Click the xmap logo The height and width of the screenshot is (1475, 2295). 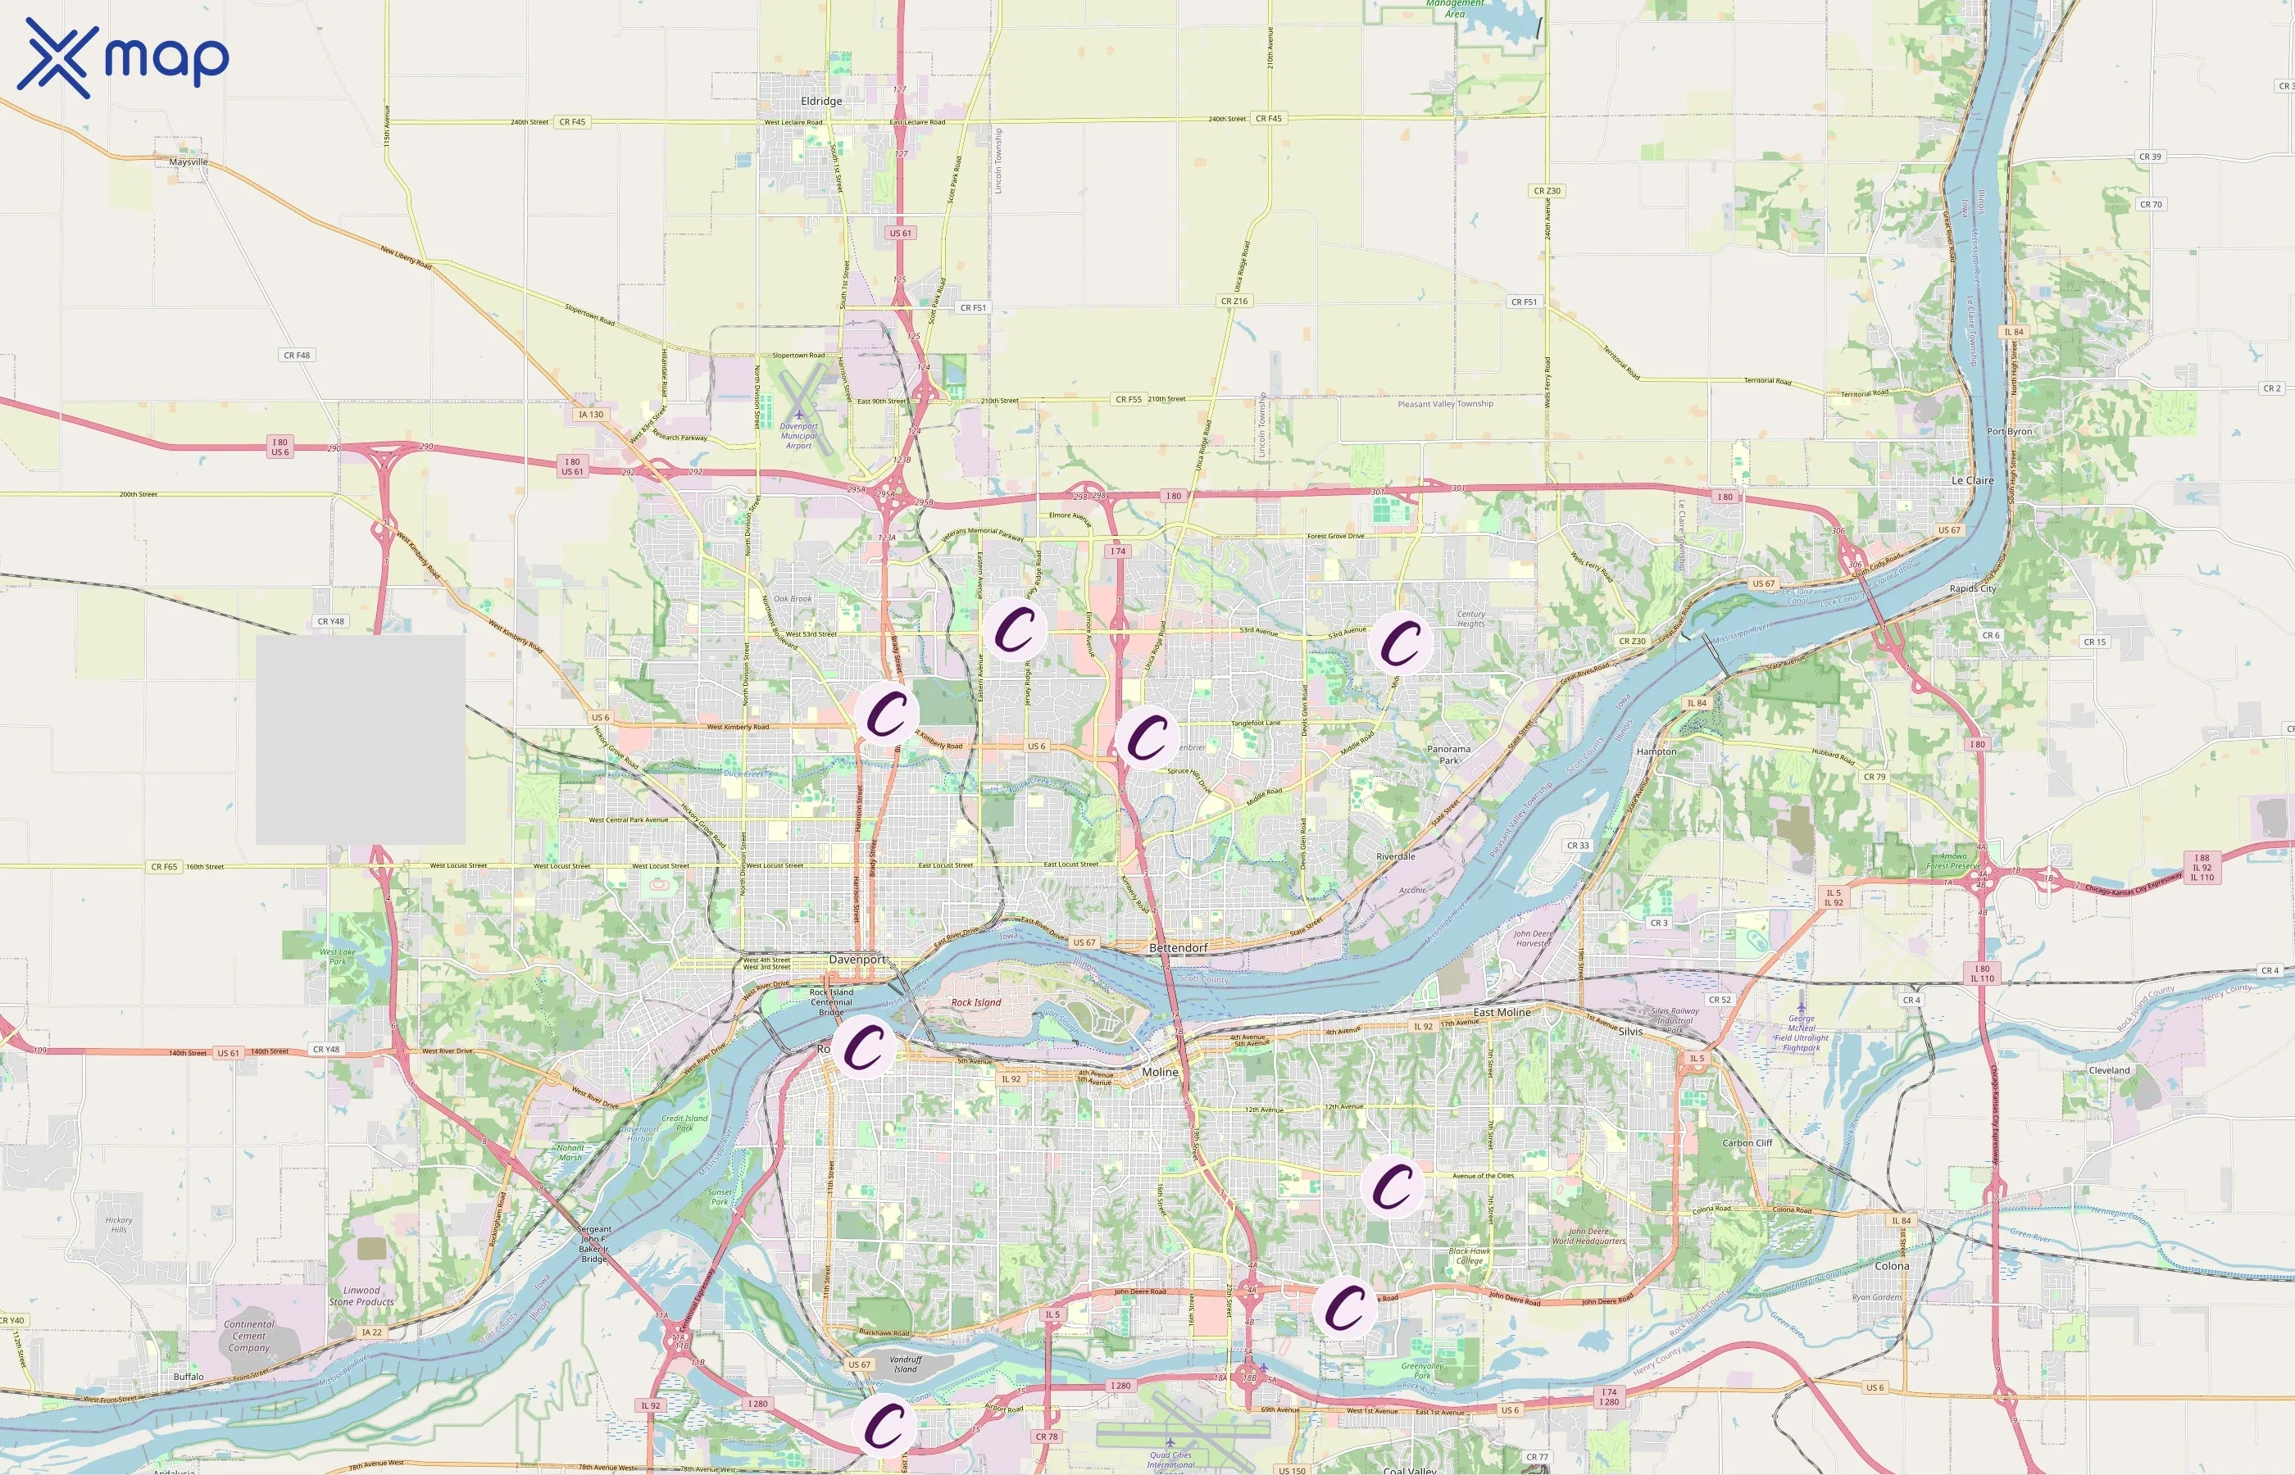pyautogui.click(x=123, y=57)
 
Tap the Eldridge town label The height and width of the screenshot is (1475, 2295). pyautogui.click(x=821, y=101)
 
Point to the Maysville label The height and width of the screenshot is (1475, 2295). pyautogui.click(x=188, y=162)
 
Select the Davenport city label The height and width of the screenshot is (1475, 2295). pyautogui.click(x=857, y=959)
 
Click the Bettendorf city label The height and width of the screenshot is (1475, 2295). pyautogui.click(x=1178, y=947)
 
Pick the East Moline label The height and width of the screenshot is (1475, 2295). pyautogui.click(x=1501, y=1011)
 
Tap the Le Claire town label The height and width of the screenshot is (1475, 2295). pyautogui.click(x=1972, y=480)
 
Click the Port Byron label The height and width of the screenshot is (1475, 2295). pyautogui.click(x=2009, y=431)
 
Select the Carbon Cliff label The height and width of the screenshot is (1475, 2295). pyautogui.click(x=1747, y=1142)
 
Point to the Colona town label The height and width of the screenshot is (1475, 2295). pyautogui.click(x=1891, y=1265)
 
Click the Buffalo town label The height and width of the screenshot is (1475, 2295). pyautogui.click(x=189, y=1377)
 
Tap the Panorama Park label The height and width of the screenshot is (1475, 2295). pyautogui.click(x=1448, y=755)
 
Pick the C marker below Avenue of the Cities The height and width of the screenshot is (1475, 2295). pyautogui.click(x=1392, y=1186)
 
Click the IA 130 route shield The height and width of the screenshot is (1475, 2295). pyautogui.click(x=591, y=415)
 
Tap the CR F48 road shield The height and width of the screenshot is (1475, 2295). pyautogui.click(x=297, y=356)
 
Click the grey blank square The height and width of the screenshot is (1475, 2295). pyautogui.click(x=360, y=739)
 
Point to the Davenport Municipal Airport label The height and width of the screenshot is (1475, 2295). pyautogui.click(x=799, y=436)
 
